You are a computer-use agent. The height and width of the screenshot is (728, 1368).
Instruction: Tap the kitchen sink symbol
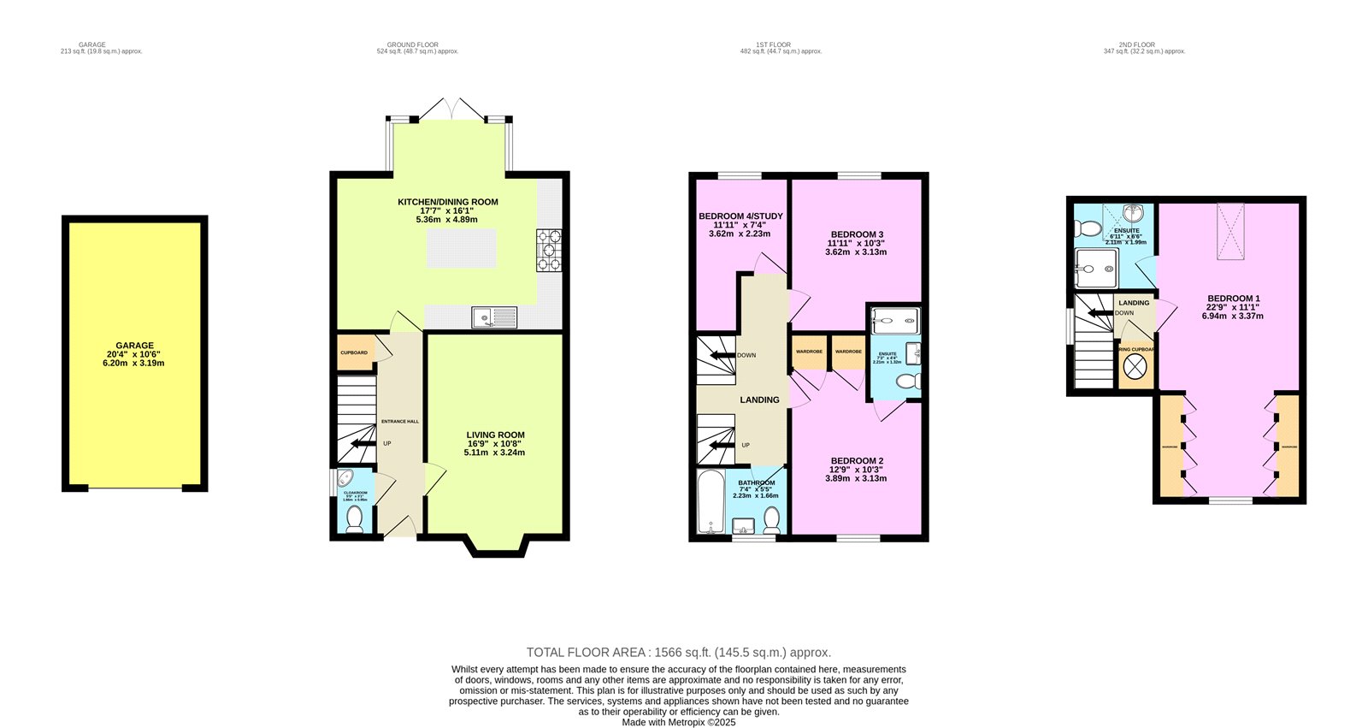point(494,318)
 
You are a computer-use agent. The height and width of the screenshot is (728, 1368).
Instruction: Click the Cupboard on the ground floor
point(354,353)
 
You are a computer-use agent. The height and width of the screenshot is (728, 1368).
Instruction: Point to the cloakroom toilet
point(354,518)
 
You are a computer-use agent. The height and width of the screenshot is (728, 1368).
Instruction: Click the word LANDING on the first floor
point(759,400)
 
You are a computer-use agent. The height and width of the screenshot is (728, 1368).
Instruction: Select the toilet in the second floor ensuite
point(1088,228)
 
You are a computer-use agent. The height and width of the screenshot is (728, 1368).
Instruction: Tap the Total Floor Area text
point(678,652)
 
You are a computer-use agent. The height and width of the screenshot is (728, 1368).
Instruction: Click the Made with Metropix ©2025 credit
point(678,722)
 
